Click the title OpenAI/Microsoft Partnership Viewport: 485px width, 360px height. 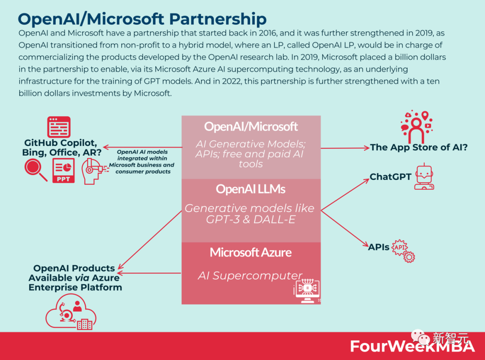142,19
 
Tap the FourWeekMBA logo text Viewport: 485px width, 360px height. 412,346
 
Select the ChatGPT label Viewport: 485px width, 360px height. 390,177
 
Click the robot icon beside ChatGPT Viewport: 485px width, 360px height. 424,177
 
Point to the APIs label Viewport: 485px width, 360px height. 379,247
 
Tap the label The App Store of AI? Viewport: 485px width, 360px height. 419,147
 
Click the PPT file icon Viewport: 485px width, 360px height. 63,171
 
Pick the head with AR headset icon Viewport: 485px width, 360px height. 93,171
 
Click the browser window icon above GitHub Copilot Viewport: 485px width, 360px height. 59,127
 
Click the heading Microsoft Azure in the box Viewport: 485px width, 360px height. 251,252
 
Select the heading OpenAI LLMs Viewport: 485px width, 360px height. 251,189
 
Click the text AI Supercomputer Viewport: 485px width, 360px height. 250,275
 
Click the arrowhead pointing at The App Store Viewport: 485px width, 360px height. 366,148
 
